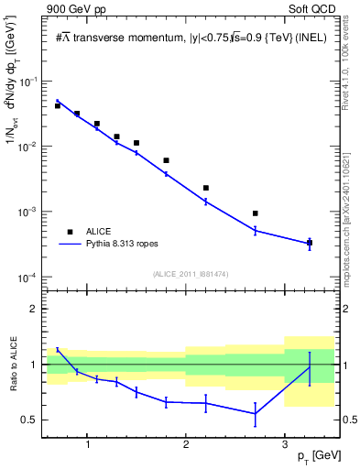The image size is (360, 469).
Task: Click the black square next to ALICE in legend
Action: [x=71, y=233]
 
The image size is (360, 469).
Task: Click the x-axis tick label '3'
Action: [x=285, y=445]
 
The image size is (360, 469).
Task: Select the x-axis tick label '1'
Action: [x=87, y=445]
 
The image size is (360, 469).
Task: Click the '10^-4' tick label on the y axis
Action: [x=27, y=278]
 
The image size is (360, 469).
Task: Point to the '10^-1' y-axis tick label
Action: [x=27, y=82]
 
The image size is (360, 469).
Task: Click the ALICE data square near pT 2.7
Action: [x=255, y=213]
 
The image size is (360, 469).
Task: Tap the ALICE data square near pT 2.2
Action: [x=206, y=188]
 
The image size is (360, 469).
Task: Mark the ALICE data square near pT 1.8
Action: [x=166, y=160]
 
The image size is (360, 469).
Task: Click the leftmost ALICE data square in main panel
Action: [x=58, y=106]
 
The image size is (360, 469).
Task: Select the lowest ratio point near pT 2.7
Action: [x=255, y=413]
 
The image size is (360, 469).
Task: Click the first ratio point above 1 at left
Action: [x=58, y=349]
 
